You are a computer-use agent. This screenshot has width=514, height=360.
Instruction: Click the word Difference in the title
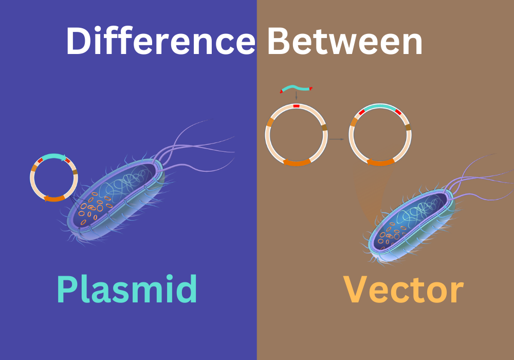point(160,41)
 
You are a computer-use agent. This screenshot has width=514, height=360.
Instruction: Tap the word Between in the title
point(345,41)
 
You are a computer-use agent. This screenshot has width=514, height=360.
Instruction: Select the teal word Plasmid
point(127,289)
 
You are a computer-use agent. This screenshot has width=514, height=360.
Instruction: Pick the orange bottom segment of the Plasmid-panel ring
point(54,199)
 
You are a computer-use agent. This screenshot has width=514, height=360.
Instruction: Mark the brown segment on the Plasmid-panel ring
point(75,172)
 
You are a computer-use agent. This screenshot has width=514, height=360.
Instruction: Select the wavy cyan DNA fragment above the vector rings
point(296,88)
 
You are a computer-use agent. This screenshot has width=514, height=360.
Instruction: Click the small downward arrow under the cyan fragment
point(297,96)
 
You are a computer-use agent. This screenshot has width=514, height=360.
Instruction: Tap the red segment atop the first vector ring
point(297,106)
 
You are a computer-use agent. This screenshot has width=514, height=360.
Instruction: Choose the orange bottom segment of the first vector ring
point(297,162)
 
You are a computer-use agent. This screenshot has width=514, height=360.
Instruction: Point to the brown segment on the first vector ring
point(324,127)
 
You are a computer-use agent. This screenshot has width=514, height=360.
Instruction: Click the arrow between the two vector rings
point(337,139)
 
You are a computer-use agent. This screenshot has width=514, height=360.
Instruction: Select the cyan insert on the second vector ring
point(380,107)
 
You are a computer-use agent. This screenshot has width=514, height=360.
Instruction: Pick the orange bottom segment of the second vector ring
point(380,162)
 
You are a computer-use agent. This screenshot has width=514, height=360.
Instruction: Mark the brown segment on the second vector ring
point(408,127)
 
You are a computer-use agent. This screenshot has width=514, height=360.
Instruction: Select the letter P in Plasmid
point(67,289)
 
